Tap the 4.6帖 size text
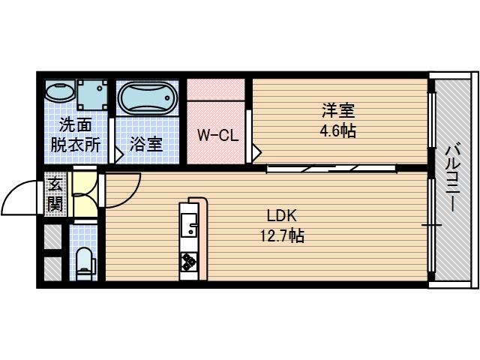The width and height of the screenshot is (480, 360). pos(338,130)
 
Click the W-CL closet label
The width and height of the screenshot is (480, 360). pos(217,136)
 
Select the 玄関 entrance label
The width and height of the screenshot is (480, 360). pos(55,193)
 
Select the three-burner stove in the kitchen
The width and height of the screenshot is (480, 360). pos(188,262)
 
